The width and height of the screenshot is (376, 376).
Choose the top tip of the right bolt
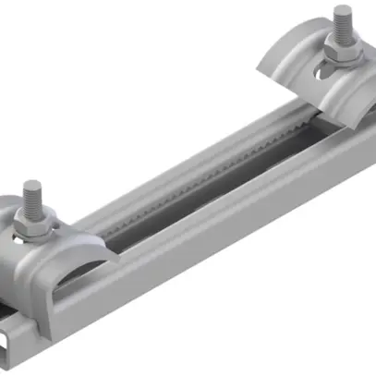coord(343,12)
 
